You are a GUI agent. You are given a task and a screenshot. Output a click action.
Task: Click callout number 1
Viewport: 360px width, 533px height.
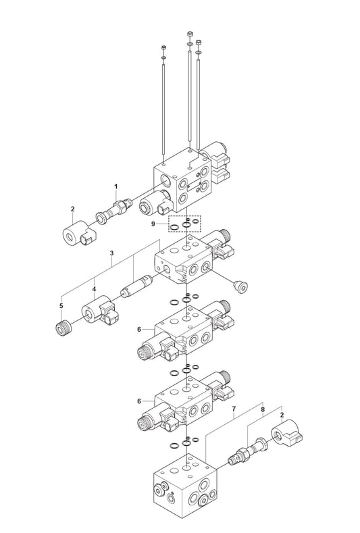[116, 186]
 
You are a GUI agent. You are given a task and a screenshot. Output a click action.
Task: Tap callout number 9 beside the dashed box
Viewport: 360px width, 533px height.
[153, 224]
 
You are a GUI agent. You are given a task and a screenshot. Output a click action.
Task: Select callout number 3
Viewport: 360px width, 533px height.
[111, 253]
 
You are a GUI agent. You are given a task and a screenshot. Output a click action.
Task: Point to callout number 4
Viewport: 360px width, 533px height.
[94, 289]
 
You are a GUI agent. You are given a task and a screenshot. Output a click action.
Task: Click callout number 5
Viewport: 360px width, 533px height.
[61, 306]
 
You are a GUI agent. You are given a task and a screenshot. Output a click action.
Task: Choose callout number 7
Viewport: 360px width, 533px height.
[234, 408]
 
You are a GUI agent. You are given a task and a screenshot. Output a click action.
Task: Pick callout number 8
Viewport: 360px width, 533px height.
[263, 410]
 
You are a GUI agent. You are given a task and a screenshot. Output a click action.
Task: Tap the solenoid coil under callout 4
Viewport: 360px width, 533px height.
[99, 310]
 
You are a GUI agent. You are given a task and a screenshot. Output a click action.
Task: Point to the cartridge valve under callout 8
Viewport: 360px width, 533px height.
[247, 451]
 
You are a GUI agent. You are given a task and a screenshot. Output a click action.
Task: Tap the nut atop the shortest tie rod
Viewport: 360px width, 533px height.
[163, 47]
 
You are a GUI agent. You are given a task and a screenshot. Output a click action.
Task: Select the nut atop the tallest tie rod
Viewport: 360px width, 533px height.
[190, 33]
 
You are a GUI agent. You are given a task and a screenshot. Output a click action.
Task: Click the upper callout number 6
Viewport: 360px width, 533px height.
[139, 330]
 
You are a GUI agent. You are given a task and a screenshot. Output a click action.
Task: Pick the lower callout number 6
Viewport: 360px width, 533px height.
[139, 401]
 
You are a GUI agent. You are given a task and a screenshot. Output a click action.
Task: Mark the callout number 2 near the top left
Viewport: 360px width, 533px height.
[73, 209]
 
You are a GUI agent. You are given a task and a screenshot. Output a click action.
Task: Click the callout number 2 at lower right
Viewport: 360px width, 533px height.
[282, 415]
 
